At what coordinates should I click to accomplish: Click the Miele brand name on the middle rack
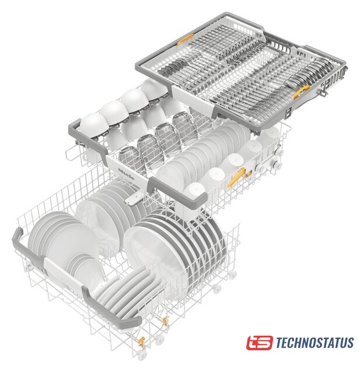pos(127,174)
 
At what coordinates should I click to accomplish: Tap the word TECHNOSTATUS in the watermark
pos(314,343)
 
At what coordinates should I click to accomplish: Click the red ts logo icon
pos(259,343)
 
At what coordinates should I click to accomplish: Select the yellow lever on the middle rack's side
pos(236,177)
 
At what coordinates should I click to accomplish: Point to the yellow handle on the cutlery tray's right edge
pos(301,92)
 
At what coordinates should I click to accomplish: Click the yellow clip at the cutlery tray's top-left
pos(185,40)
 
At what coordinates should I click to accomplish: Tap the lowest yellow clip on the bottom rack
pos(141,343)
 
